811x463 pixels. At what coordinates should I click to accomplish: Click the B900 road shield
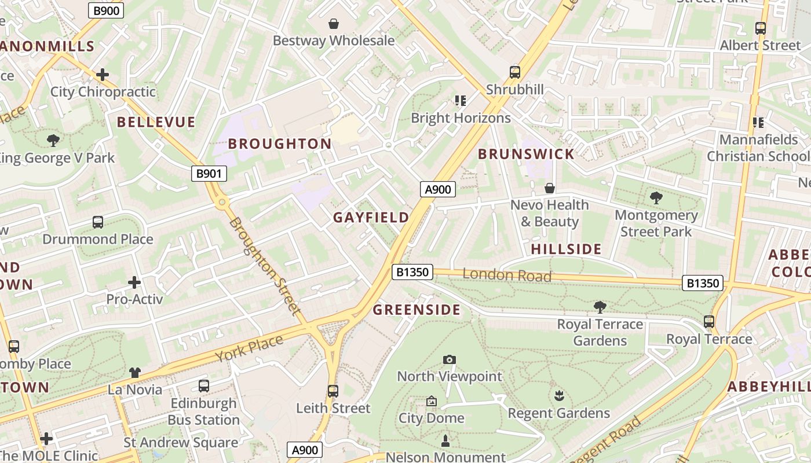tap(106, 10)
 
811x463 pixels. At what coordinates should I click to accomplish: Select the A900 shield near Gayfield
tap(437, 189)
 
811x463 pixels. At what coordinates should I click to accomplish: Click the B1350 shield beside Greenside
tap(412, 272)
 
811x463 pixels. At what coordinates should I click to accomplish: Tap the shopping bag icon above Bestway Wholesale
tap(334, 24)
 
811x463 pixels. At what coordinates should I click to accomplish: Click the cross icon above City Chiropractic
tap(103, 75)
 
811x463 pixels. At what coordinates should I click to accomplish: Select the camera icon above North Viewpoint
tap(450, 360)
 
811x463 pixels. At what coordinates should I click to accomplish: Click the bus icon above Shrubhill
tap(515, 72)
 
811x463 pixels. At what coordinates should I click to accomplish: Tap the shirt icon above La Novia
tap(135, 373)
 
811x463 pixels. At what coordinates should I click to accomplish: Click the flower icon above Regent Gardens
tap(559, 396)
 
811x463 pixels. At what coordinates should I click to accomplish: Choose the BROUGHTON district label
tap(280, 144)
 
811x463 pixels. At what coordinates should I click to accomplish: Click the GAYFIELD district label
tap(371, 218)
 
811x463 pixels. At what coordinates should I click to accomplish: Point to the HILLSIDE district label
tap(566, 249)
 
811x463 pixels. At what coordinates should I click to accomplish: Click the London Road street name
tap(507, 275)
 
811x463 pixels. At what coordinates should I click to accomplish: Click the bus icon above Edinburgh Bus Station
tap(204, 386)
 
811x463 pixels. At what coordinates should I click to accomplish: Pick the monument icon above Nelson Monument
tap(445, 441)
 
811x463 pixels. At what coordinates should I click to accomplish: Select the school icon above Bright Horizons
tap(461, 101)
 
